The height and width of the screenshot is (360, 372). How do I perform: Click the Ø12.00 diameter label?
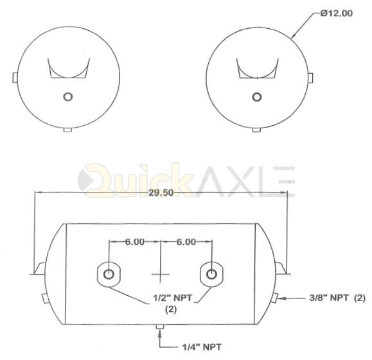tap(337, 13)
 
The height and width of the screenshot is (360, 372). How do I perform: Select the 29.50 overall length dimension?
tap(161, 193)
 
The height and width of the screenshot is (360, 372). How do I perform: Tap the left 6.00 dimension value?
tap(135, 242)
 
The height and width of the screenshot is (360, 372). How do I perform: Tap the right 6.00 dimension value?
tap(186, 242)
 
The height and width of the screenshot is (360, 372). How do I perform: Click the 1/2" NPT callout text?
tap(172, 298)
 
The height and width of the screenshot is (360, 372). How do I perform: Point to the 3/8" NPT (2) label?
tap(337, 298)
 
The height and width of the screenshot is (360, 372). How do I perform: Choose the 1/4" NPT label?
tap(202, 347)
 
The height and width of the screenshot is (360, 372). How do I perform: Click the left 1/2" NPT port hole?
tap(109, 275)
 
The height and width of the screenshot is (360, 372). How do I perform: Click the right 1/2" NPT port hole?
tap(211, 275)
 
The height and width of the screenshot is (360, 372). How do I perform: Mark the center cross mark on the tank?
tap(161, 275)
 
